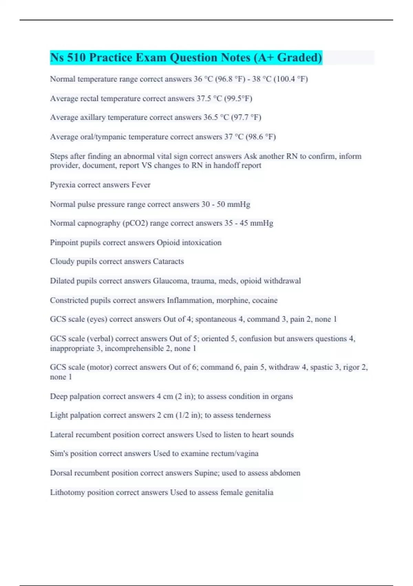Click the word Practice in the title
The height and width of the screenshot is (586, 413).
tap(110, 58)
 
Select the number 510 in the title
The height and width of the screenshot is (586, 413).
tap(76, 58)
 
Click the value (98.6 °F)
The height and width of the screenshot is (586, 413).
tap(261, 137)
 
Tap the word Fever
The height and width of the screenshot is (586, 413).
tap(141, 185)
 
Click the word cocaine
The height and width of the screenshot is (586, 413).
tap(265, 300)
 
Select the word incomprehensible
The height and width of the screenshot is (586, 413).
tap(134, 348)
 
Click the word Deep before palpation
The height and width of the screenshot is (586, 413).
tap(59, 396)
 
